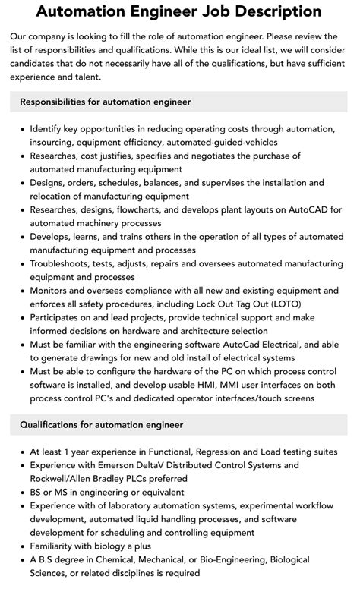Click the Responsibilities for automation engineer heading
click(106, 101)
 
